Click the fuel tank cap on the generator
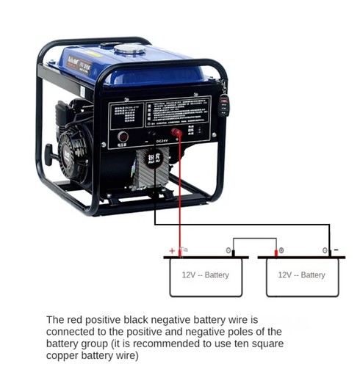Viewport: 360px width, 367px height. pyautogui.click(x=129, y=49)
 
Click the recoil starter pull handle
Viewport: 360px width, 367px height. pyautogui.click(x=48, y=155)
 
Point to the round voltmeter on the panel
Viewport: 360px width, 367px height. pyautogui.click(x=123, y=137)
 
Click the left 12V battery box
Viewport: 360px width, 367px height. pyautogui.click(x=205, y=276)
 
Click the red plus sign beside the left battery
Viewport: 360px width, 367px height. pyautogui.click(x=172, y=250)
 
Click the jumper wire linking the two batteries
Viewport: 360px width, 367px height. pyautogui.click(x=254, y=238)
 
